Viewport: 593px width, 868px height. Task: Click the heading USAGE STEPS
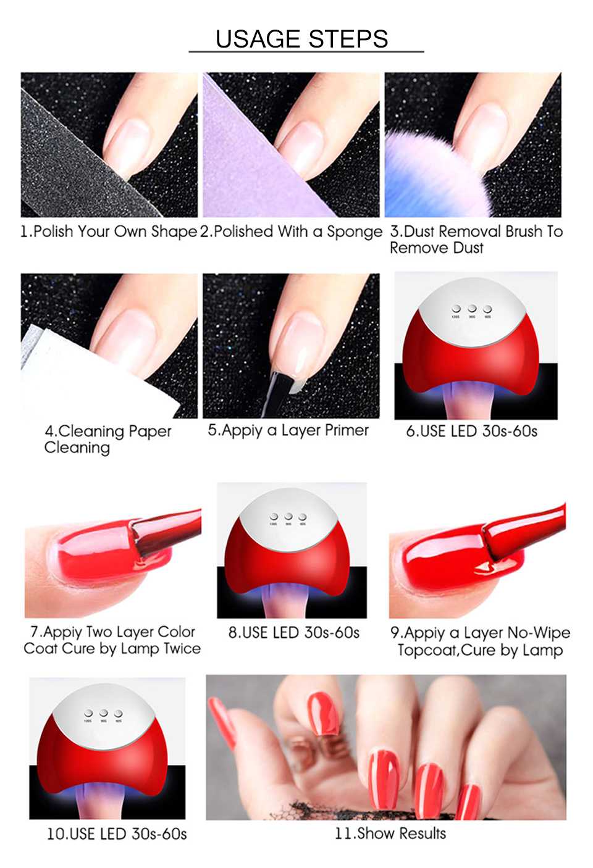[x=301, y=39]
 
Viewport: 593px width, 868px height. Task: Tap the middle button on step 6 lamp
[x=472, y=308]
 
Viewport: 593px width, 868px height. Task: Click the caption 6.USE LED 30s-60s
[x=471, y=431]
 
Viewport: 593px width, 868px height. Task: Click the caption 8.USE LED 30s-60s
[x=293, y=632]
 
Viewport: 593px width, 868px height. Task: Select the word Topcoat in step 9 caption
[x=427, y=650]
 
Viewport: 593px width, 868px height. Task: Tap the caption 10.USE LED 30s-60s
[x=117, y=834]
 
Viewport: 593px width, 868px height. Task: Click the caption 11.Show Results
[x=390, y=833]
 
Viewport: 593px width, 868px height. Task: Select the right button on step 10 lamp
[x=119, y=714]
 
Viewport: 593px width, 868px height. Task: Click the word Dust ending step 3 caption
[x=468, y=248]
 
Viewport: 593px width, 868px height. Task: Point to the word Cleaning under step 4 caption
[x=77, y=448]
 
